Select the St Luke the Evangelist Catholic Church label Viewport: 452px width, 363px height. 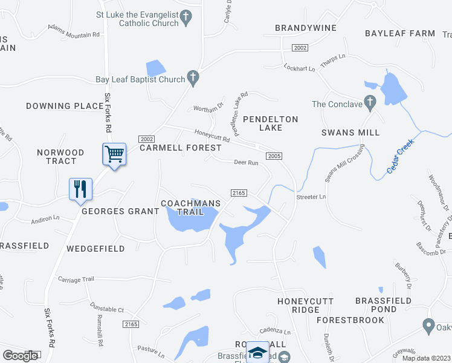point(138,19)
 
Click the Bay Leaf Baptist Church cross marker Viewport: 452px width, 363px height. point(193,77)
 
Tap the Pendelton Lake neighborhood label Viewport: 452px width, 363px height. point(270,123)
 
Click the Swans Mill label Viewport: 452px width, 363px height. point(350,132)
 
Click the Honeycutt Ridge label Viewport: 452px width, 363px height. point(298,306)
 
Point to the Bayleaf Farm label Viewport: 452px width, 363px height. point(400,33)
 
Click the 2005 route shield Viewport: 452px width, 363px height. point(274,156)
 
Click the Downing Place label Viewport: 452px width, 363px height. point(65,106)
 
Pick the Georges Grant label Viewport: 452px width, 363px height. point(120,211)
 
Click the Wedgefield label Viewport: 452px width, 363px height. point(95,249)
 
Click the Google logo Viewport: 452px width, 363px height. point(20,356)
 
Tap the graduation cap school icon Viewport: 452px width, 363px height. point(258,352)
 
